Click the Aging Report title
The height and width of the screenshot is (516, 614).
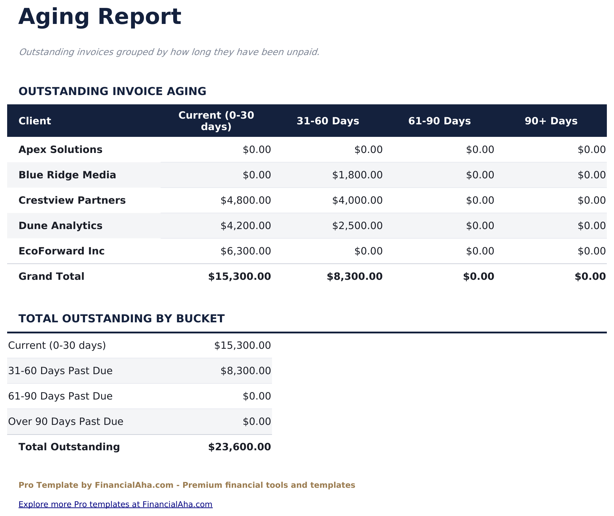[x=100, y=17]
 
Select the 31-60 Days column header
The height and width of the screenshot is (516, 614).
[x=328, y=121]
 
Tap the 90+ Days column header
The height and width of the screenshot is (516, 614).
[x=551, y=121]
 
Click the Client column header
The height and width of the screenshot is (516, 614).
[x=35, y=121]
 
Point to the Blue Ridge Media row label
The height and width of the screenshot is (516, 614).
[x=67, y=175]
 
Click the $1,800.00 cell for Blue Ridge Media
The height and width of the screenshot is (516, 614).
[x=357, y=175]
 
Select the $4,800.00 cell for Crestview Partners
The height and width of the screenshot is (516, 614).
[x=246, y=200]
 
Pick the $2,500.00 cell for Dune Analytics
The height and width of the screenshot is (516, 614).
[x=357, y=226]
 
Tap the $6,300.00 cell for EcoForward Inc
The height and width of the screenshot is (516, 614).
[x=246, y=251]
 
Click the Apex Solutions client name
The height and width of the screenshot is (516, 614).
[x=60, y=150]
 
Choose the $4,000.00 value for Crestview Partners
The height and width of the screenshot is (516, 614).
[x=357, y=200]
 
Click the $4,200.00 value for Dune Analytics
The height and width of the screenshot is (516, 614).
[x=246, y=226]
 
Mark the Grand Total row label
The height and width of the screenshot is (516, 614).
[x=51, y=277]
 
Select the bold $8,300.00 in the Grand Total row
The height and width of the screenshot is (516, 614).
[x=354, y=277]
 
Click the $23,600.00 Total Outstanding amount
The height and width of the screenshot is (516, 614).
[x=239, y=447]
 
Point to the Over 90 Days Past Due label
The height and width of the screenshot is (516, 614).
[x=66, y=422]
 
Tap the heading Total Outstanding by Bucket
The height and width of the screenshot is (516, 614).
[x=121, y=319]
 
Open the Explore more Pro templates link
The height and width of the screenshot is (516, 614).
[x=115, y=505]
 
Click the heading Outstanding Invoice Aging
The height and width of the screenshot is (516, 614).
[x=112, y=91]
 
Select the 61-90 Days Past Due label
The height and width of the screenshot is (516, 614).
[x=60, y=396]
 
